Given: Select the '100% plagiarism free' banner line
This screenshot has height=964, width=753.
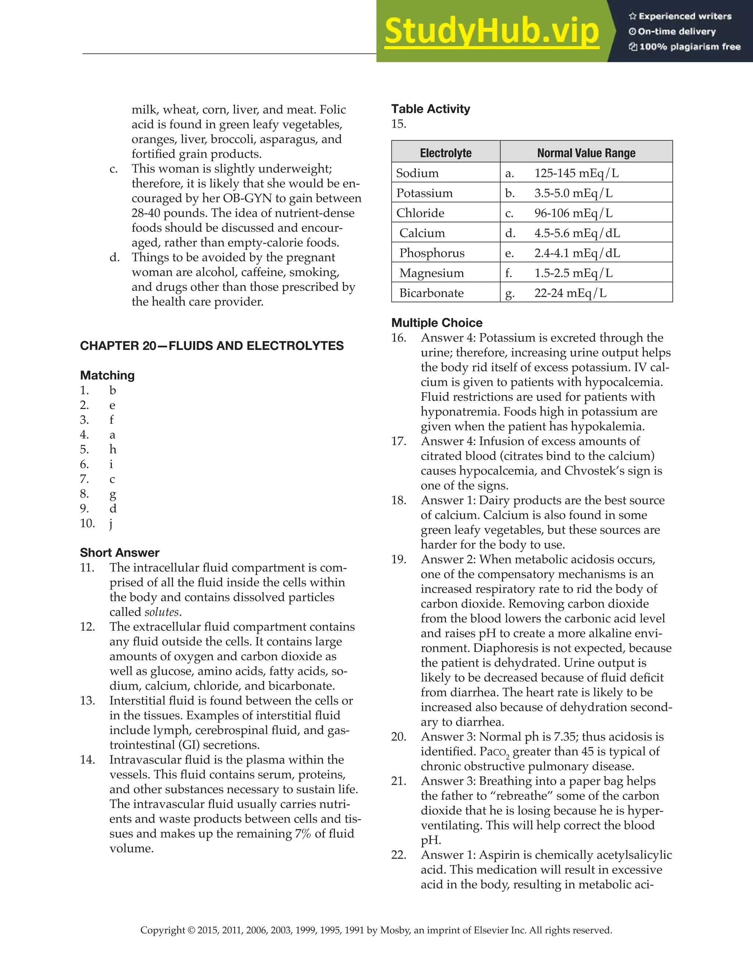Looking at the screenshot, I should pyautogui.click(x=685, y=47).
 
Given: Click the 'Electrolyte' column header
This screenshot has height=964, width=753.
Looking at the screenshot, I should pyautogui.click(x=446, y=153).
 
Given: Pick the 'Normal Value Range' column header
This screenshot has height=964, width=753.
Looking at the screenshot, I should pyautogui.click(x=586, y=153).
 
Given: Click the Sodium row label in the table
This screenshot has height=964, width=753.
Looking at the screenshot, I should pyautogui.click(x=417, y=173).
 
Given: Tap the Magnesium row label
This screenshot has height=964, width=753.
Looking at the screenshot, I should pyautogui.click(x=431, y=273).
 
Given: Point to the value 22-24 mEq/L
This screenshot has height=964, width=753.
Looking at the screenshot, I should pyautogui.click(x=570, y=293).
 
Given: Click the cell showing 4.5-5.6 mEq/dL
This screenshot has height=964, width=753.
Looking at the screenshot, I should pyautogui.click(x=577, y=233).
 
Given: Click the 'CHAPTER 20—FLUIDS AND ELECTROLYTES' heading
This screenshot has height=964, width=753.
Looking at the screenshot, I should pyautogui.click(x=212, y=345).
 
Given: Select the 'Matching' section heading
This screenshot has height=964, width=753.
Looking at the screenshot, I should pyautogui.click(x=107, y=375).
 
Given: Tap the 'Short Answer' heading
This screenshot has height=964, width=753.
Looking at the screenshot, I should pyautogui.click(x=119, y=553).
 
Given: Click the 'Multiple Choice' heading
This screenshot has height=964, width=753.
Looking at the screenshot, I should pyautogui.click(x=437, y=323).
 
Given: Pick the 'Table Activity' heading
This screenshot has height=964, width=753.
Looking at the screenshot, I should pyautogui.click(x=431, y=109).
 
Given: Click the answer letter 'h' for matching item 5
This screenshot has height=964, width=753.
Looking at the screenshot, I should pyautogui.click(x=113, y=449).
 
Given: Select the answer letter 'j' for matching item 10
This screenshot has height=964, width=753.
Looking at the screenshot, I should pyautogui.click(x=111, y=524).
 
